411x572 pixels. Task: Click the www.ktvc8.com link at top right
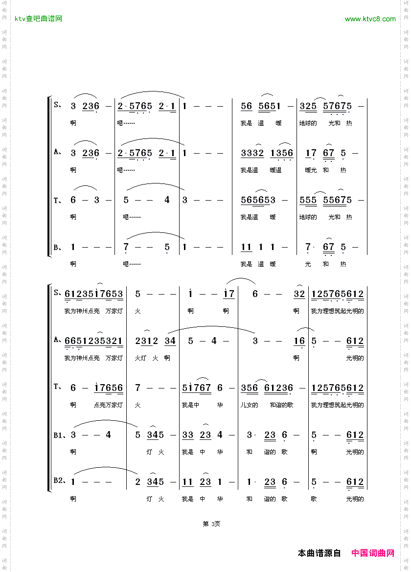[x=370, y=19]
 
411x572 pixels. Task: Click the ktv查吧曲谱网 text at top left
[x=39, y=19]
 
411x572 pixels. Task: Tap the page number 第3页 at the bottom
[x=211, y=524]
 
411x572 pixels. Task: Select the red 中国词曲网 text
[x=373, y=553]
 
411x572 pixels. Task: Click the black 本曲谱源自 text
[x=320, y=553]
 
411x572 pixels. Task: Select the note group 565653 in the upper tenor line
[x=258, y=200]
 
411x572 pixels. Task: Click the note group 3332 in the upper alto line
[x=252, y=153]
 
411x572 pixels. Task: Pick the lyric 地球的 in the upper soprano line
[x=308, y=123]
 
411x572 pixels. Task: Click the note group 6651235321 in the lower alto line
[x=93, y=341]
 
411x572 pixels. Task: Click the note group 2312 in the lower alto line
[x=146, y=341]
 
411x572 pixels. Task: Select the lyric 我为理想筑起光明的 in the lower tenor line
[x=338, y=405]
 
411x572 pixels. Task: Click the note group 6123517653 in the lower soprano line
[x=93, y=294]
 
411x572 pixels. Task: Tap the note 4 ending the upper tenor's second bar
[x=167, y=200]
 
